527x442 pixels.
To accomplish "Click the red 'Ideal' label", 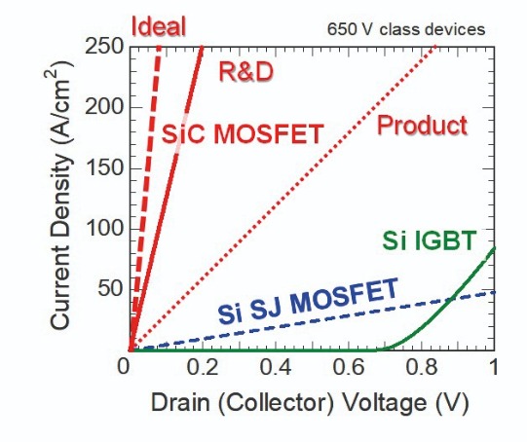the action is pyautogui.click(x=159, y=26).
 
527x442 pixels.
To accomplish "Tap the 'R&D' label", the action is pyautogui.click(x=246, y=72).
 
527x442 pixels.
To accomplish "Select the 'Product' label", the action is pyautogui.click(x=422, y=126).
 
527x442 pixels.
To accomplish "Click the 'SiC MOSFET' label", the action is pyautogui.click(x=243, y=133).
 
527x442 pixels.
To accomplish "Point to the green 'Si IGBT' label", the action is pyautogui.click(x=430, y=240).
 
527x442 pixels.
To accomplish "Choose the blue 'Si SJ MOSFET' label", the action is pyautogui.click(x=308, y=301).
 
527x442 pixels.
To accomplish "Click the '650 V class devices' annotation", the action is pyautogui.click(x=406, y=29).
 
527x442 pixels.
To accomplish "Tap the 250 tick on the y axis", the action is pyautogui.click(x=104, y=46).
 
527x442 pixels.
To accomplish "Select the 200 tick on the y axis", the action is pyautogui.click(x=104, y=107).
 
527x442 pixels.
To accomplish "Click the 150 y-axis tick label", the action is pyautogui.click(x=104, y=167).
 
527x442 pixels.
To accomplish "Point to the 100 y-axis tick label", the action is pyautogui.click(x=104, y=229).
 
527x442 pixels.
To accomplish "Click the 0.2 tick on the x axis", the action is pyautogui.click(x=203, y=366).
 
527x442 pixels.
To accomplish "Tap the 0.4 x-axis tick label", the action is pyautogui.click(x=276, y=366).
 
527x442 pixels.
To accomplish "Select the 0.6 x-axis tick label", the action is pyautogui.click(x=349, y=366).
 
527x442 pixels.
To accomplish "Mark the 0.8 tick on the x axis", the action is pyautogui.click(x=422, y=366).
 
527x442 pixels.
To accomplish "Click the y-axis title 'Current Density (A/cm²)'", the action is pyautogui.click(x=60, y=195).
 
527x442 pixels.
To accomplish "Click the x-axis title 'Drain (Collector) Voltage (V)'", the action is pyautogui.click(x=309, y=403).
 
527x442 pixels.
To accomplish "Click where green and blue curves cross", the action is pyautogui.click(x=451, y=298).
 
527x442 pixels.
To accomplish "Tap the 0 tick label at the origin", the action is pyautogui.click(x=124, y=366).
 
